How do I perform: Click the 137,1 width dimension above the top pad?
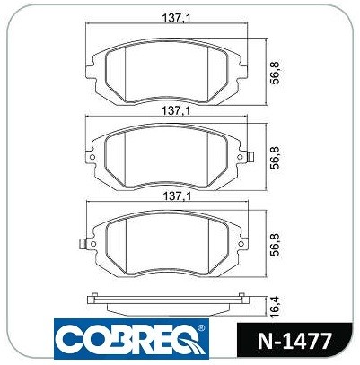coord(177,19)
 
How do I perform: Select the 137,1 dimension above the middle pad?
coord(176,111)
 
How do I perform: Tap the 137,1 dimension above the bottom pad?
coord(177,196)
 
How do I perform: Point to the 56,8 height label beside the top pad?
coord(276,73)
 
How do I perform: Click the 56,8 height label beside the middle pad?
coord(276,158)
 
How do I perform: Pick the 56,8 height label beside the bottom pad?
coord(276,245)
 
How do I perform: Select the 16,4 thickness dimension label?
coord(276,307)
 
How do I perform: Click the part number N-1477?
coord(294,341)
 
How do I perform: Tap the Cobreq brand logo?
coord(132,339)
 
